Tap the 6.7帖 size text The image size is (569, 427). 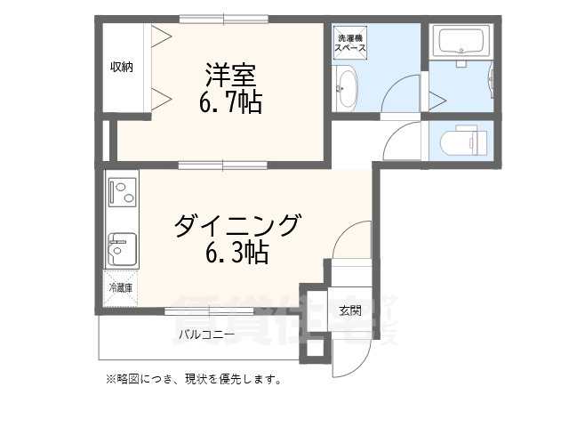coord(229,101)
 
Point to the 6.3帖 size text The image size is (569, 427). coord(236,254)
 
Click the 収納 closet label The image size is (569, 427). coord(122,68)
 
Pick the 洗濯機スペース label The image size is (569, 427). coord(349,44)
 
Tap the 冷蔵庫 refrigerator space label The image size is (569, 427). coord(120,287)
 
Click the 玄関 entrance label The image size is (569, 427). coord(349,310)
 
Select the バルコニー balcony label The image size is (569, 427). coord(205,335)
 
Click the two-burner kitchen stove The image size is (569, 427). coord(122,191)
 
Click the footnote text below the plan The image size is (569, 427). coord(193,380)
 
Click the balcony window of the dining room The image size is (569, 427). coord(209,310)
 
